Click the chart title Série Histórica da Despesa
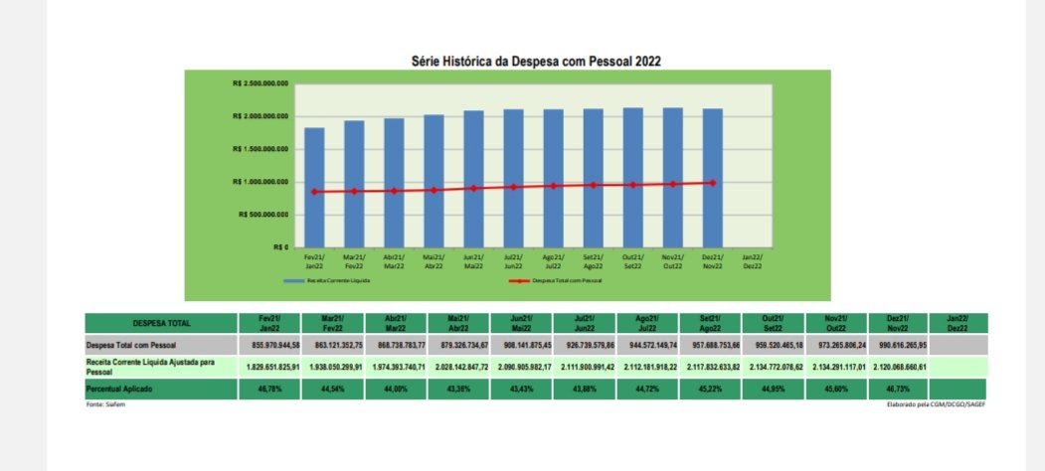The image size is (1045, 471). (x=536, y=61)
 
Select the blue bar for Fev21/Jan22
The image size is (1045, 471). (x=314, y=189)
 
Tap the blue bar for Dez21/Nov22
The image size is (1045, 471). (x=713, y=179)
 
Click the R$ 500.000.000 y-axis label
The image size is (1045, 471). (x=263, y=214)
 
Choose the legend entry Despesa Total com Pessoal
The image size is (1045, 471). (x=567, y=281)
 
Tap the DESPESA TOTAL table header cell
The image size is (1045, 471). (x=161, y=323)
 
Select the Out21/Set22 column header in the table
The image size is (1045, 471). (x=773, y=323)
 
